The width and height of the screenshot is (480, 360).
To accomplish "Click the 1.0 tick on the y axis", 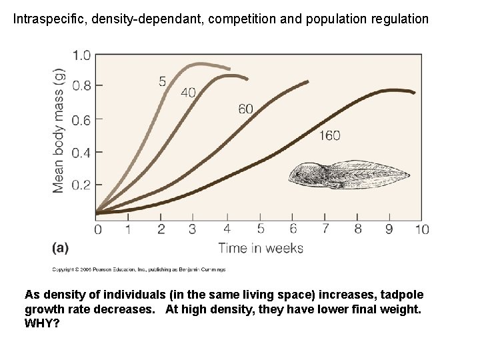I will click(x=81, y=55).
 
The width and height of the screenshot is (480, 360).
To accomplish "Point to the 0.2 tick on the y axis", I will click(x=81, y=185).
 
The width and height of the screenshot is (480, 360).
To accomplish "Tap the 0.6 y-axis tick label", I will click(x=81, y=120).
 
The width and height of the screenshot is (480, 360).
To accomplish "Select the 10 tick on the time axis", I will click(x=421, y=229).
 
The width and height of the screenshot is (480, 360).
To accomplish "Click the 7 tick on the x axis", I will click(x=325, y=229).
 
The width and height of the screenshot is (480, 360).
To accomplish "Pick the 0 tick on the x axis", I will click(x=98, y=229).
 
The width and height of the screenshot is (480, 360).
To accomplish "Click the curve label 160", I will click(x=329, y=135).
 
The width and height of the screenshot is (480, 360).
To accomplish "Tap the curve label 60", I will click(x=245, y=109).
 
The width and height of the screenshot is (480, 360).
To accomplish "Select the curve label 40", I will click(x=188, y=93).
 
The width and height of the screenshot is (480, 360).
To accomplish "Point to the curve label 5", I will click(x=163, y=81).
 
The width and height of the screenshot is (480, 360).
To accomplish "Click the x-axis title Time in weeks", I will click(x=261, y=249).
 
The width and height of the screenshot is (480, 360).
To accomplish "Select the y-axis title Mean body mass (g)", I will click(x=59, y=131).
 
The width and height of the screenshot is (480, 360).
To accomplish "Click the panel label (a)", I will click(x=60, y=248).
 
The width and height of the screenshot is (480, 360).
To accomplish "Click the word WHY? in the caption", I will click(x=42, y=323).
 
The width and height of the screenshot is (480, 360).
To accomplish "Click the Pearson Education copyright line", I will click(x=139, y=269).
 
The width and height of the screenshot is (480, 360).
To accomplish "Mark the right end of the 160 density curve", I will click(x=414, y=93).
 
